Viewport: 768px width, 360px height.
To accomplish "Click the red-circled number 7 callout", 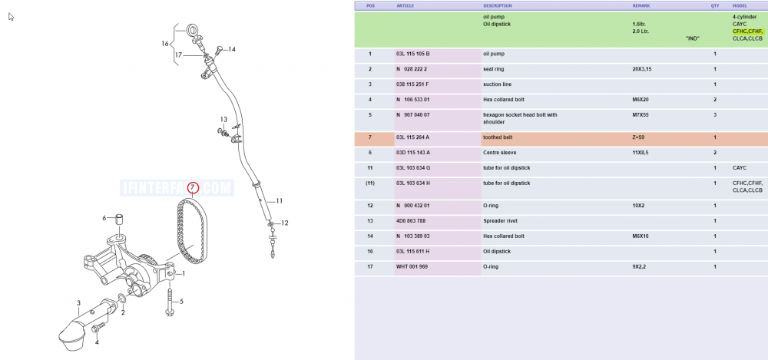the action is (x=193, y=187).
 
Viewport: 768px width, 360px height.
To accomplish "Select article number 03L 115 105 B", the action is (x=413, y=54).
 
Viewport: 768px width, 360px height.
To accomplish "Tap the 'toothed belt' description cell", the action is (x=497, y=137).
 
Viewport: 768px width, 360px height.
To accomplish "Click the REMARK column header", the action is (x=641, y=6).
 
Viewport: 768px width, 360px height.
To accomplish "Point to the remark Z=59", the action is (x=638, y=137).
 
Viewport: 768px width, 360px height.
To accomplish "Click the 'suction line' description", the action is (x=497, y=84).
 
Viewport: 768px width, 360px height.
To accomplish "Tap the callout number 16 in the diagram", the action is (x=165, y=44).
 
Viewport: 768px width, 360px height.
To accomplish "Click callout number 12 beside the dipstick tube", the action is (x=285, y=223).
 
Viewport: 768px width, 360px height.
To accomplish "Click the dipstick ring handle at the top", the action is (x=193, y=31).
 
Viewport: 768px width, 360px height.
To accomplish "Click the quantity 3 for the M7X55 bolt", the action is (x=715, y=115).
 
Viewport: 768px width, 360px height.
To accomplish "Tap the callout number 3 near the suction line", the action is (x=78, y=304).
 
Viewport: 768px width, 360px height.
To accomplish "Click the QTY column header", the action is (x=715, y=6).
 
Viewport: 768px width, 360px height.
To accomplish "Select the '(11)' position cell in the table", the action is (x=370, y=183).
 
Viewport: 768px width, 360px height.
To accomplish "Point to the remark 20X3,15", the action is (x=642, y=69).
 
